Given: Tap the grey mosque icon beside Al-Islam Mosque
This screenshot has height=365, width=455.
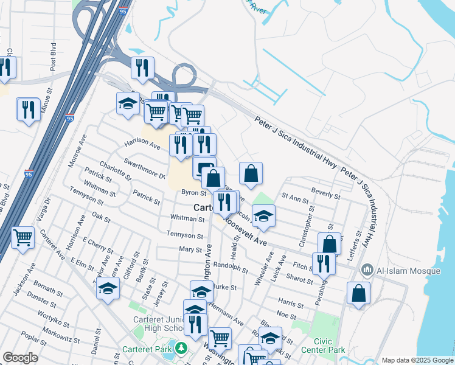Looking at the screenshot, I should pos(367,269).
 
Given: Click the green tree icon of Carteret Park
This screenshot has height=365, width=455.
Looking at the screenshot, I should pos(181,349).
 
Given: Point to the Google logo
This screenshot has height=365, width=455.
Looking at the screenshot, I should pos(20,358).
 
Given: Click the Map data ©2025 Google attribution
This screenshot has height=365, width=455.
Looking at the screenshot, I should pos(417,360).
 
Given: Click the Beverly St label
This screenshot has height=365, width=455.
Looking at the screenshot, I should pos(325,193).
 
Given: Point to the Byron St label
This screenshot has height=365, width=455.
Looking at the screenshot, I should pos(195,193).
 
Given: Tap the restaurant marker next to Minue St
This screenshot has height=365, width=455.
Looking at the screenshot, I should pos(28,109).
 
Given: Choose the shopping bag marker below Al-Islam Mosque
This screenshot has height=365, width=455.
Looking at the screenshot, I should pos(358,293).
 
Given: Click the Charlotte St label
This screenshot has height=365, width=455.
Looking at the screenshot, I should pos(115,171).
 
